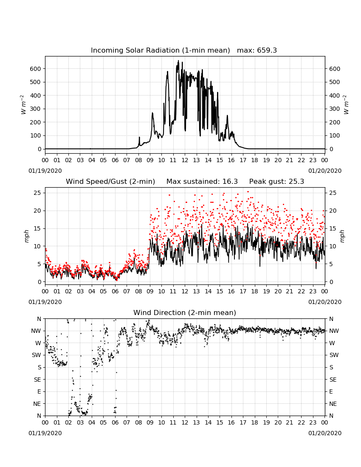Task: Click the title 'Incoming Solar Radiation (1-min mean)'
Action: click(160, 51)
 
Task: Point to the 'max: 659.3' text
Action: click(257, 51)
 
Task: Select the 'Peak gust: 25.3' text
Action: click(277, 181)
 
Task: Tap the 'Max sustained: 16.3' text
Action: click(202, 181)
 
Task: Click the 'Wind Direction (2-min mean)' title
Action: click(185, 313)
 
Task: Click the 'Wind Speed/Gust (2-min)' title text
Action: click(110, 181)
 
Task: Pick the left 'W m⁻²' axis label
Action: click(23, 104)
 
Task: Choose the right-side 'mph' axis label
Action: click(342, 236)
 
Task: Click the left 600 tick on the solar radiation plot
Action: click(35, 69)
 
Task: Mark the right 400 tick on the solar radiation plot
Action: click(335, 96)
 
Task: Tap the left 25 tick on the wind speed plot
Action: click(37, 193)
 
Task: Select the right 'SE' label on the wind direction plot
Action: click(333, 380)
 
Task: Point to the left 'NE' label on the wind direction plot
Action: click(37, 404)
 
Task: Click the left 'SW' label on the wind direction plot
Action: click(37, 355)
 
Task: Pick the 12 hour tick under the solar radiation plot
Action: click(185, 160)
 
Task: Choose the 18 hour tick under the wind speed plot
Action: click(255, 291)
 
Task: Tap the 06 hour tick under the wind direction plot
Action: click(115, 422)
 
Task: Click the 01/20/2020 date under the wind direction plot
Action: click(325, 433)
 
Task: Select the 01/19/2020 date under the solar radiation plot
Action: click(45, 171)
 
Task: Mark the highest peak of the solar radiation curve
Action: click(178, 61)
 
